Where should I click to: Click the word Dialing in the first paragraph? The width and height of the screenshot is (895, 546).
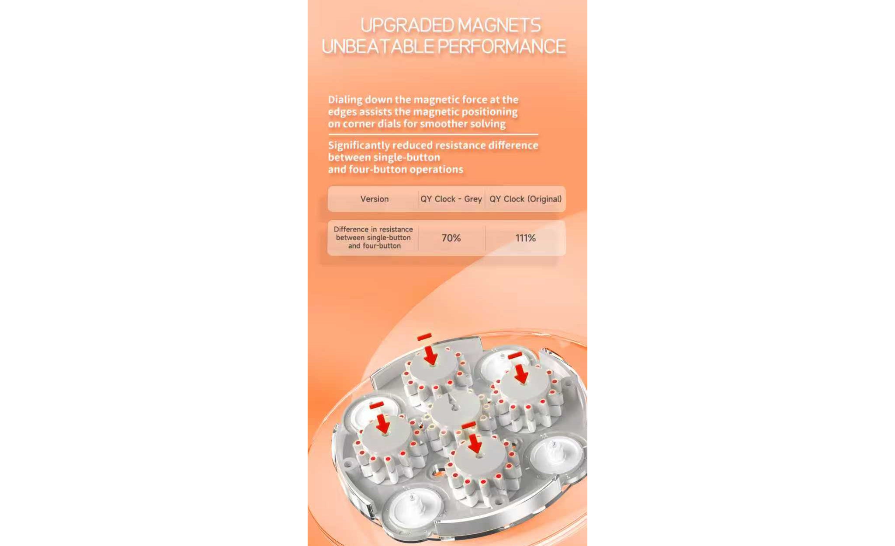(345, 100)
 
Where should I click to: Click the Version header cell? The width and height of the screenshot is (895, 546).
(375, 199)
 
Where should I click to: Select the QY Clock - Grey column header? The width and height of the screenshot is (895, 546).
(451, 199)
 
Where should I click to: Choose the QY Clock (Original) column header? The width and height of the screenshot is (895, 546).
(525, 199)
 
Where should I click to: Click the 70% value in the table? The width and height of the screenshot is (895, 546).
(451, 238)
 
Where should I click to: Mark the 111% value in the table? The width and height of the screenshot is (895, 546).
(525, 238)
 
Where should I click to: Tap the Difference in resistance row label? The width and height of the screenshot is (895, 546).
(374, 238)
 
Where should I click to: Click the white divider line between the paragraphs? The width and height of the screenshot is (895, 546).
(433, 135)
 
